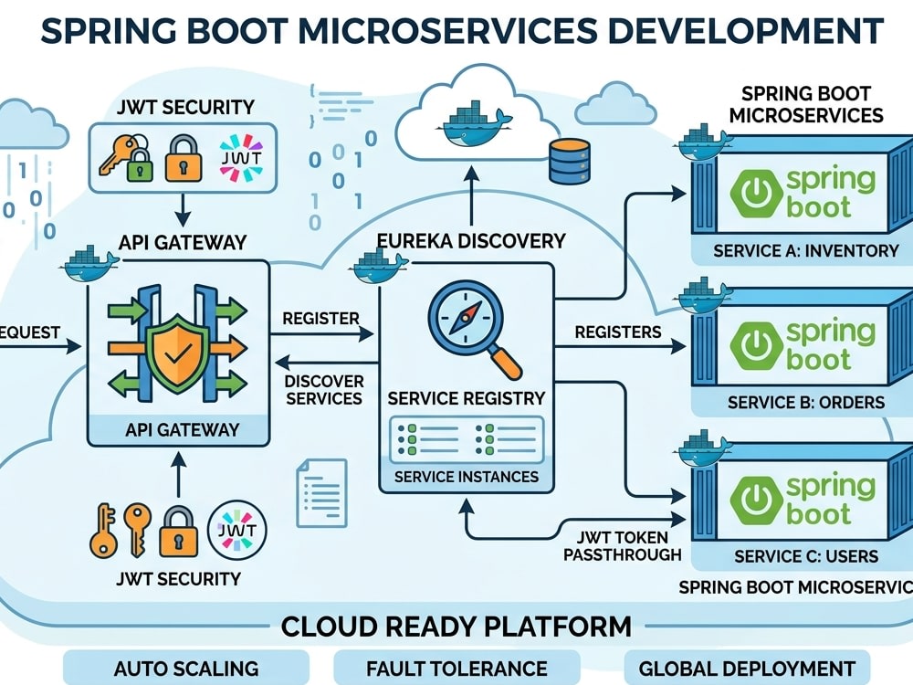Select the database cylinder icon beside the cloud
570,162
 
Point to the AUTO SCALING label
186,669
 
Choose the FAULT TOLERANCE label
456,669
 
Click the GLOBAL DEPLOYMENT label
747,669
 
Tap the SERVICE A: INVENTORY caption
806,251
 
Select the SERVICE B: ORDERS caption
806,403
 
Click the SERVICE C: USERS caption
806,556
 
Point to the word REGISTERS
618,332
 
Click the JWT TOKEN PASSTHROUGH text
622,546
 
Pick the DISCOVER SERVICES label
324,390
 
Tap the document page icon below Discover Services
322,493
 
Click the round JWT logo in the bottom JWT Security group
237,531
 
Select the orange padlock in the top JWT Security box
184,158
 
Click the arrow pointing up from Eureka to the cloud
472,195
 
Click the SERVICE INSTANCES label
466,477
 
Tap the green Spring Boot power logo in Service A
756,194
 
